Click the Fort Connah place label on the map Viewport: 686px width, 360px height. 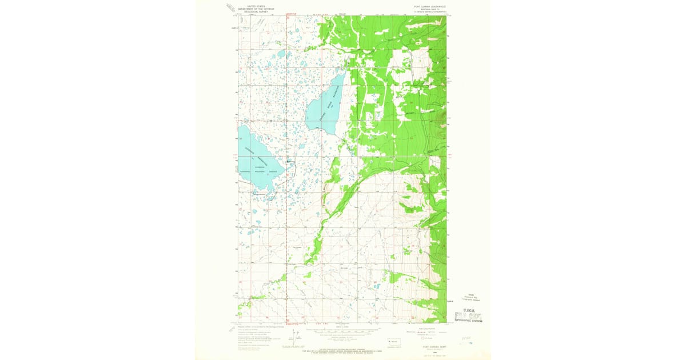pos(297,247)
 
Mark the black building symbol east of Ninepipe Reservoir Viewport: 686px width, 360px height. pos(289,162)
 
